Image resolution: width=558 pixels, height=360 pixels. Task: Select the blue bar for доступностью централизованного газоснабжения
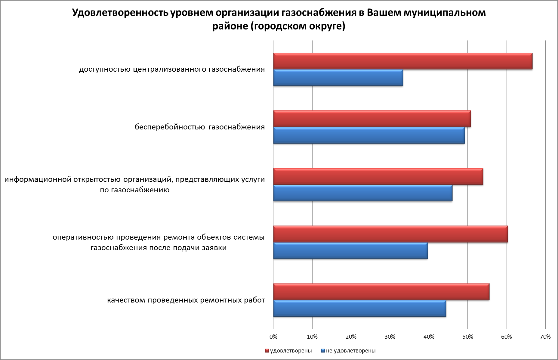[338, 78]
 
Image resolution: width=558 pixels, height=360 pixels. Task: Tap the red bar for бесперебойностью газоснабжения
[372, 119]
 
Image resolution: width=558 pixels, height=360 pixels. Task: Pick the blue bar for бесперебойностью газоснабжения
[369, 135]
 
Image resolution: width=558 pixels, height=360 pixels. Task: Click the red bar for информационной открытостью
[378, 177]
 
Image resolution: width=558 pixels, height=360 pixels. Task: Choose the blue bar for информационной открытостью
[362, 193]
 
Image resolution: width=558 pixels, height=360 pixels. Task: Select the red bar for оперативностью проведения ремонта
[390, 234]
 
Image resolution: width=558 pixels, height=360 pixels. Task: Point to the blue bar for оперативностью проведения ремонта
[350, 251]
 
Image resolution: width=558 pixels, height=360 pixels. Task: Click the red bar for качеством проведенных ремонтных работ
[381, 292]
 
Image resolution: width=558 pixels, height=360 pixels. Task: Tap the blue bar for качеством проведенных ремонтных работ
[359, 309]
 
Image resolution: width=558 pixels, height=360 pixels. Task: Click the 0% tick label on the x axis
[273, 337]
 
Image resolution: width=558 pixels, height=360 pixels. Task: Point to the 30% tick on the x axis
[390, 337]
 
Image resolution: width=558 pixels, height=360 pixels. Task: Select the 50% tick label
[467, 337]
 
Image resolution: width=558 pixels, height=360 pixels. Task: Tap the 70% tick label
[545, 337]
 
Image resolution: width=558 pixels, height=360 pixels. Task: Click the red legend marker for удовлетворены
[267, 351]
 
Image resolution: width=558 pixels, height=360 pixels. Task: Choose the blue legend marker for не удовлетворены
[323, 351]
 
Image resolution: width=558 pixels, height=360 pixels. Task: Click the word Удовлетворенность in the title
[120, 13]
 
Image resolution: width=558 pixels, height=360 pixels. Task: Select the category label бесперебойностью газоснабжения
[200, 127]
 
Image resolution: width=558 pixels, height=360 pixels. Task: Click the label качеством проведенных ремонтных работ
[186, 300]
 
